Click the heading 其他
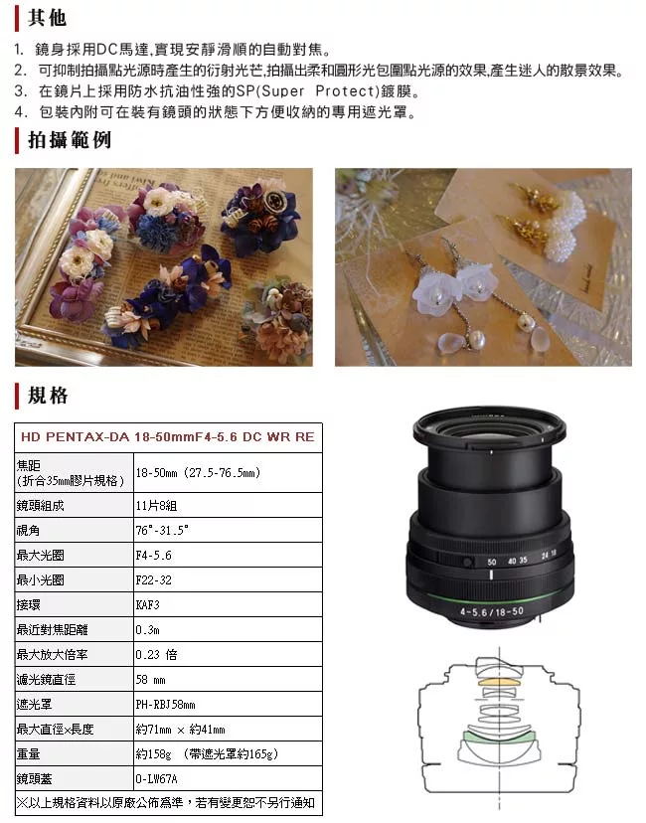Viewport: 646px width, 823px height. coord(47,19)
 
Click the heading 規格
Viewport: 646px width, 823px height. coord(48,396)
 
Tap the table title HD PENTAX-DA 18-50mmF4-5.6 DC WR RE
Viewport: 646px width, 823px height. coord(167,436)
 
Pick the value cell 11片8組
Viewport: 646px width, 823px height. coord(154,505)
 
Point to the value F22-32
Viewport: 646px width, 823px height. coord(153,578)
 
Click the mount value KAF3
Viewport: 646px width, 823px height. coord(147,603)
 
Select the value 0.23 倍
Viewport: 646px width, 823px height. coord(156,654)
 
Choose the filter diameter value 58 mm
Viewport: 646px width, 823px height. coord(151,680)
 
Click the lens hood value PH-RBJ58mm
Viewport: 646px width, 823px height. coord(166,705)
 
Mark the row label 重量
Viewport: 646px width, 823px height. coord(29,754)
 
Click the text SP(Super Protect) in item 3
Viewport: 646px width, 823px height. coord(339,91)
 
